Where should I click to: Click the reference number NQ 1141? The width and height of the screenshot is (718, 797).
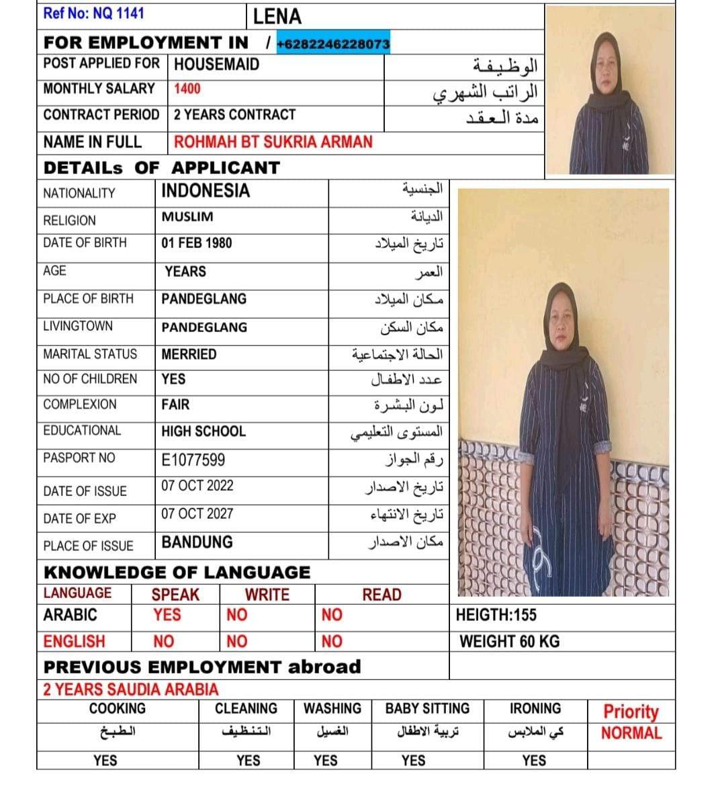click(93, 13)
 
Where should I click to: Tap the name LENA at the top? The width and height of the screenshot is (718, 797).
click(277, 16)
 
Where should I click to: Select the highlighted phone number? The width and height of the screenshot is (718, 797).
click(332, 44)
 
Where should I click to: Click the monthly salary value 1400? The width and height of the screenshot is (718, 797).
click(187, 89)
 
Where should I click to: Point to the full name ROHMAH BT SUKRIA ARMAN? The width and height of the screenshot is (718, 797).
click(273, 142)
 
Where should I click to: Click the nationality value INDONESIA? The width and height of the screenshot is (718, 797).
click(206, 191)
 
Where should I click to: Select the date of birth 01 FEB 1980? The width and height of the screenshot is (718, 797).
click(196, 243)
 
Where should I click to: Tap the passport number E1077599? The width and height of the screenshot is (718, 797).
click(193, 460)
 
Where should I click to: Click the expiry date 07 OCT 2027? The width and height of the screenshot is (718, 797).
click(197, 513)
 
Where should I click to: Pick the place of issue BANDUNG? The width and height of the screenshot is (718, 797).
click(197, 542)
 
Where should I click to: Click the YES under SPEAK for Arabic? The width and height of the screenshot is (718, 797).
click(167, 614)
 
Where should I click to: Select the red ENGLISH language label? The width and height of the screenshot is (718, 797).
click(74, 641)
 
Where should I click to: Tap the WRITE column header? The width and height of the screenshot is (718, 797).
click(267, 594)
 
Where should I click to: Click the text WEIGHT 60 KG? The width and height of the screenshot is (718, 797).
click(509, 641)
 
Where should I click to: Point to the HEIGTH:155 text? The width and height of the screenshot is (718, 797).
click(496, 614)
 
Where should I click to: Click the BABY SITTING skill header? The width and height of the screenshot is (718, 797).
click(427, 708)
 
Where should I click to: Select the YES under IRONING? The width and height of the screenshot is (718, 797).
click(534, 760)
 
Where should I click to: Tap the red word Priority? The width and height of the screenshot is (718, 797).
click(631, 711)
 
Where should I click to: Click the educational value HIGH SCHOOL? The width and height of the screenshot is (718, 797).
click(204, 431)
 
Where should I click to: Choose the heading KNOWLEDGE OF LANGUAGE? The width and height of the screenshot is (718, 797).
click(177, 573)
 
